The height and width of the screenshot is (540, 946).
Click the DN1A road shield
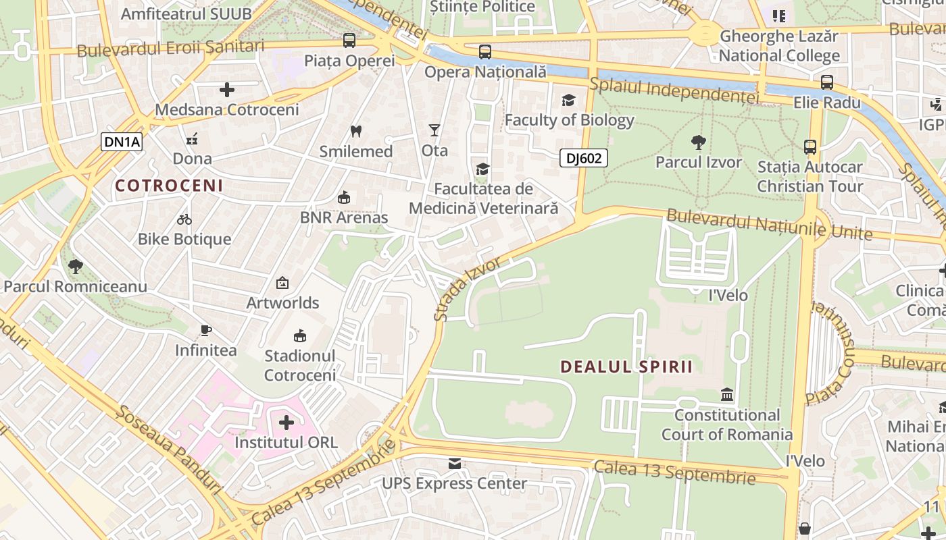[122, 142]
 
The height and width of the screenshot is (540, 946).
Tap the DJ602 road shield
[584, 159]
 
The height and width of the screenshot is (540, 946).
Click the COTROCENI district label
[168, 186]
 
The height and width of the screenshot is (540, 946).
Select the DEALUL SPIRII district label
[626, 367]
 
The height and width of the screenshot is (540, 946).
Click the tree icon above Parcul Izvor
[699, 142]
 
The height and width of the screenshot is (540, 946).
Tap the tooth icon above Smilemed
[355, 132]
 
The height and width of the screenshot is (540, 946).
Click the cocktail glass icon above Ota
[434, 130]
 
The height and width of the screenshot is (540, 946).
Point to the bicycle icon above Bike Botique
[184, 219]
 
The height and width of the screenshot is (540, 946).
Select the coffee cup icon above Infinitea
[206, 330]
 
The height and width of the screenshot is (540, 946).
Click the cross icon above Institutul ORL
[287, 423]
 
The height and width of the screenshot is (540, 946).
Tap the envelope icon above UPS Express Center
[454, 464]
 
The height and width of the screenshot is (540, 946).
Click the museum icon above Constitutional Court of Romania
[727, 394]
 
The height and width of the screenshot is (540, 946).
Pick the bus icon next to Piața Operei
[349, 40]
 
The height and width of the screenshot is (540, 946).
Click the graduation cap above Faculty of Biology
[569, 101]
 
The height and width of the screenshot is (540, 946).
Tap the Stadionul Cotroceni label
[299, 365]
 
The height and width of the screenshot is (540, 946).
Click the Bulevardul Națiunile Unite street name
[769, 225]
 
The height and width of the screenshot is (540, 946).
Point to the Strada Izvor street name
[468, 288]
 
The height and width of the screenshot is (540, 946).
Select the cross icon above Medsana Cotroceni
[227, 89]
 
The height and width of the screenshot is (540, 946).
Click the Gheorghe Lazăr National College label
[778, 46]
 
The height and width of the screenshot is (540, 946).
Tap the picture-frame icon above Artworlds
[282, 283]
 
